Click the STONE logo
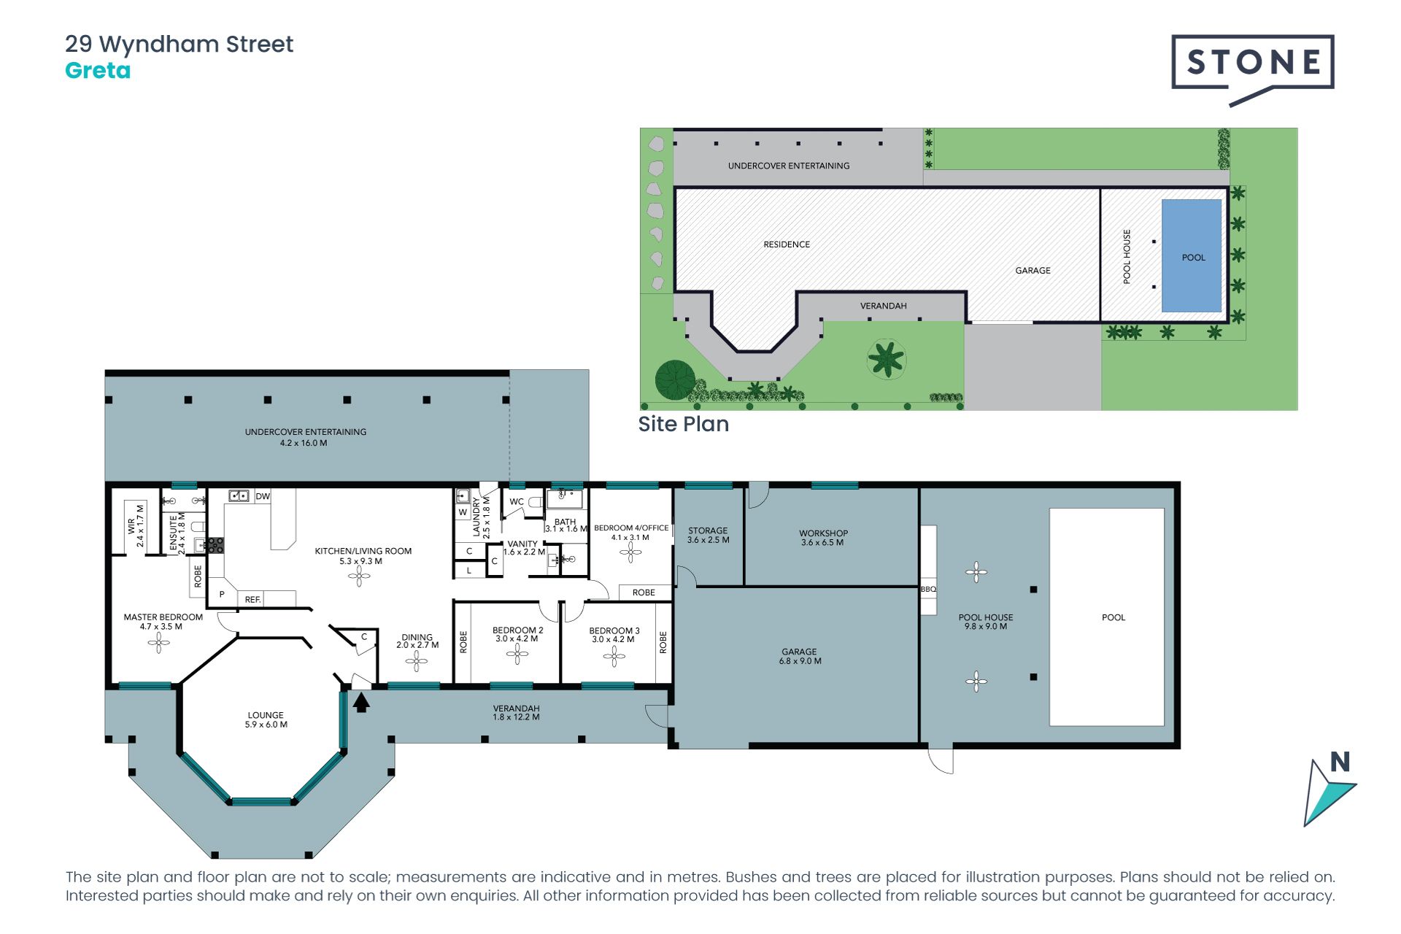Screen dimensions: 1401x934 [x=1252, y=70]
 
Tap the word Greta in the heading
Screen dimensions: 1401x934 [x=98, y=71]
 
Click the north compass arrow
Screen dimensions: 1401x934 [x=1329, y=792]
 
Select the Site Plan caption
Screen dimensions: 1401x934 [x=683, y=424]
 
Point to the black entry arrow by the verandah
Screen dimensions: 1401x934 [x=361, y=702]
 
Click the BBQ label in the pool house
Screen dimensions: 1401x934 [x=928, y=589]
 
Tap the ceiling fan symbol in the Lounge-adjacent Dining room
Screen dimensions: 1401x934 [x=417, y=661]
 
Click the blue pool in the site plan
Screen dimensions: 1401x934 [x=1192, y=256]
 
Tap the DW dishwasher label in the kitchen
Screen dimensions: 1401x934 [x=263, y=496]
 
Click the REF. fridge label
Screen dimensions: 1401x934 [x=252, y=600]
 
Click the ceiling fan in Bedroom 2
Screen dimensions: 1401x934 [x=517, y=654]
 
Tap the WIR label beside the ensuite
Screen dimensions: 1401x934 [x=131, y=526]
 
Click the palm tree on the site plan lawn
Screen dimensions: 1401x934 [x=886, y=359]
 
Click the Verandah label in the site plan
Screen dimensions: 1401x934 [x=883, y=306]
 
